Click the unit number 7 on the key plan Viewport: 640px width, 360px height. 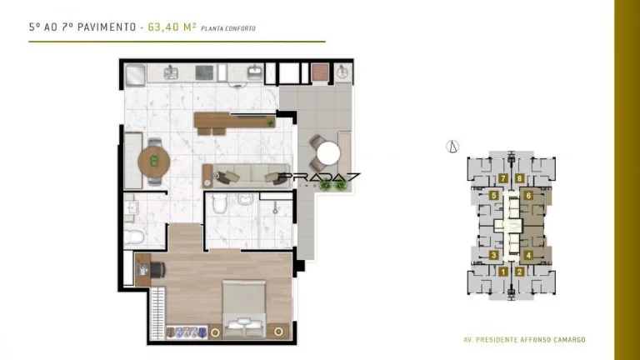pos(502,178)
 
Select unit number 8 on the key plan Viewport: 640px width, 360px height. pos(520,178)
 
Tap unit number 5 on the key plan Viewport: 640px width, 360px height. pos(494,196)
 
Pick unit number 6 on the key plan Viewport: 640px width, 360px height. pos(528,196)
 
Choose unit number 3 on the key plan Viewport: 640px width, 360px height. pos(494,256)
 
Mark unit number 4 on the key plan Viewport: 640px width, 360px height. pos(528,256)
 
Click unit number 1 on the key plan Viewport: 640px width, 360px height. pos(502,272)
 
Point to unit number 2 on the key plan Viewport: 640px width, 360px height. pos(520,272)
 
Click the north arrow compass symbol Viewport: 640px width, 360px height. pos(452,146)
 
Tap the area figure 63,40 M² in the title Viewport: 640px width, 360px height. pos(172,27)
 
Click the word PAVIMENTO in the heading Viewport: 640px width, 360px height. pos(107,27)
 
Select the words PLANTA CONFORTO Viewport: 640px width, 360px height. pos(228,28)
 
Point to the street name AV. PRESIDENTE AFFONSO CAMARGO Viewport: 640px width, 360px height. pos(524,340)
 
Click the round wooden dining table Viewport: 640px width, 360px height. pos(154,162)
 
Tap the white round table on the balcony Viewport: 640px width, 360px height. pos(328,153)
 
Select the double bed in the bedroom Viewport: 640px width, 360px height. pos(244,309)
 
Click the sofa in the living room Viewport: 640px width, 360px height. pos(246,176)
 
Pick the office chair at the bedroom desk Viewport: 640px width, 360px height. pos(157,270)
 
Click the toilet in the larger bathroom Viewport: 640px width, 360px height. pos(220,203)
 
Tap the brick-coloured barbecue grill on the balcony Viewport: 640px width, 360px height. pos(320,72)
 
